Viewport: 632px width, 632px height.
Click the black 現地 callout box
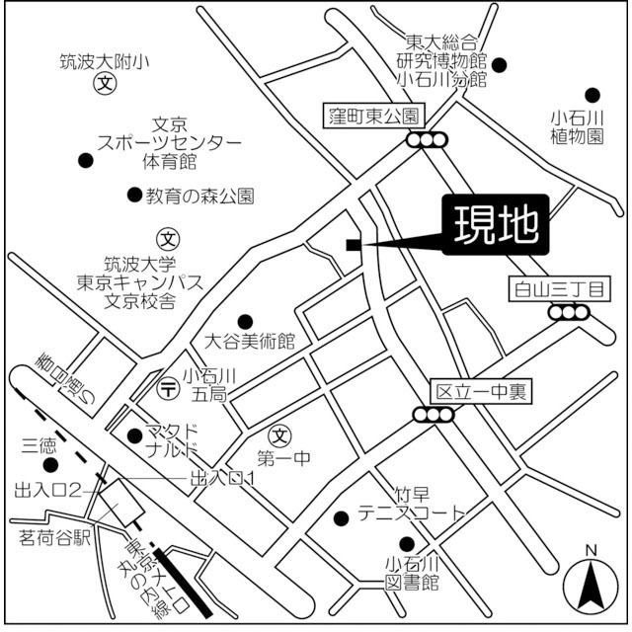coord(496,226)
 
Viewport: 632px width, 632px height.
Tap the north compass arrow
coord(591,585)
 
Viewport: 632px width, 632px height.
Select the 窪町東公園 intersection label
coord(374,116)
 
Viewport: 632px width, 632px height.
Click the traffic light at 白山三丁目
coord(569,313)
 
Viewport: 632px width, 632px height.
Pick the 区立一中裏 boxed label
coord(481,391)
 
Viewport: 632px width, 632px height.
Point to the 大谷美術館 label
coord(250,343)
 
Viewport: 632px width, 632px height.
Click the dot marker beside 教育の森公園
coord(134,195)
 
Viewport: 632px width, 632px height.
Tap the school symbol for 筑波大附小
coord(102,86)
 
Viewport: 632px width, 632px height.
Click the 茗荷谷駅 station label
coord(54,538)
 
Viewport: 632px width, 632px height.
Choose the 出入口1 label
coord(223,479)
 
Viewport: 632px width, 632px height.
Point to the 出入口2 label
coord(46,490)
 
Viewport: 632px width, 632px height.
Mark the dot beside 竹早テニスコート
coord(341,518)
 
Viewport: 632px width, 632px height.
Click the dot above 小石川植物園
coord(592,96)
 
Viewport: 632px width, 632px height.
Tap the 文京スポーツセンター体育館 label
coord(169,142)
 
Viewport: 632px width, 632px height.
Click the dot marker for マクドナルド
coord(135,434)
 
